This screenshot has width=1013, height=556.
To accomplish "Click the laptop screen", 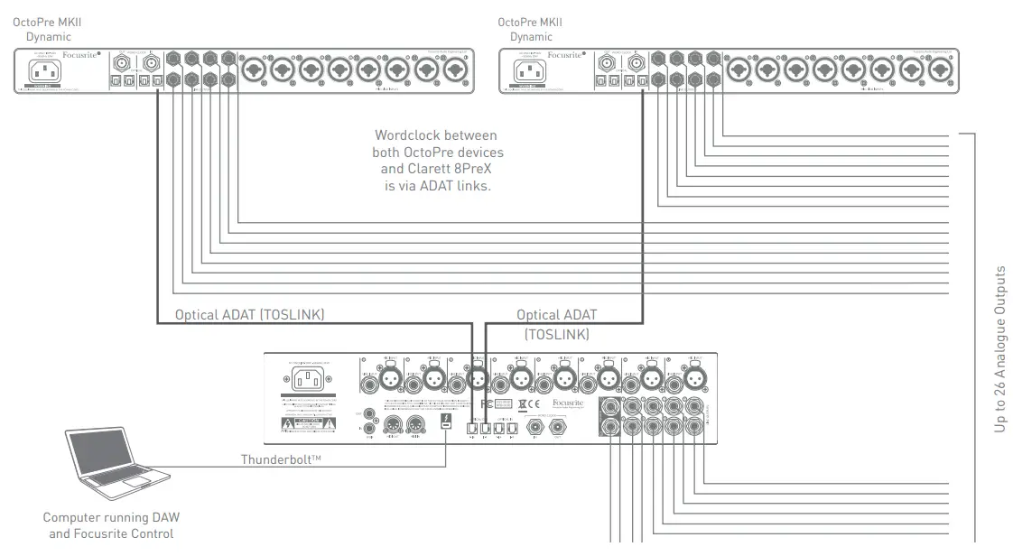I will (x=115, y=453).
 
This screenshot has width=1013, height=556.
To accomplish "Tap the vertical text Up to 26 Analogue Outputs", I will (x=999, y=347).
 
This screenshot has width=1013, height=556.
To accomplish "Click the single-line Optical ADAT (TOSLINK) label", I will (x=249, y=314).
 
